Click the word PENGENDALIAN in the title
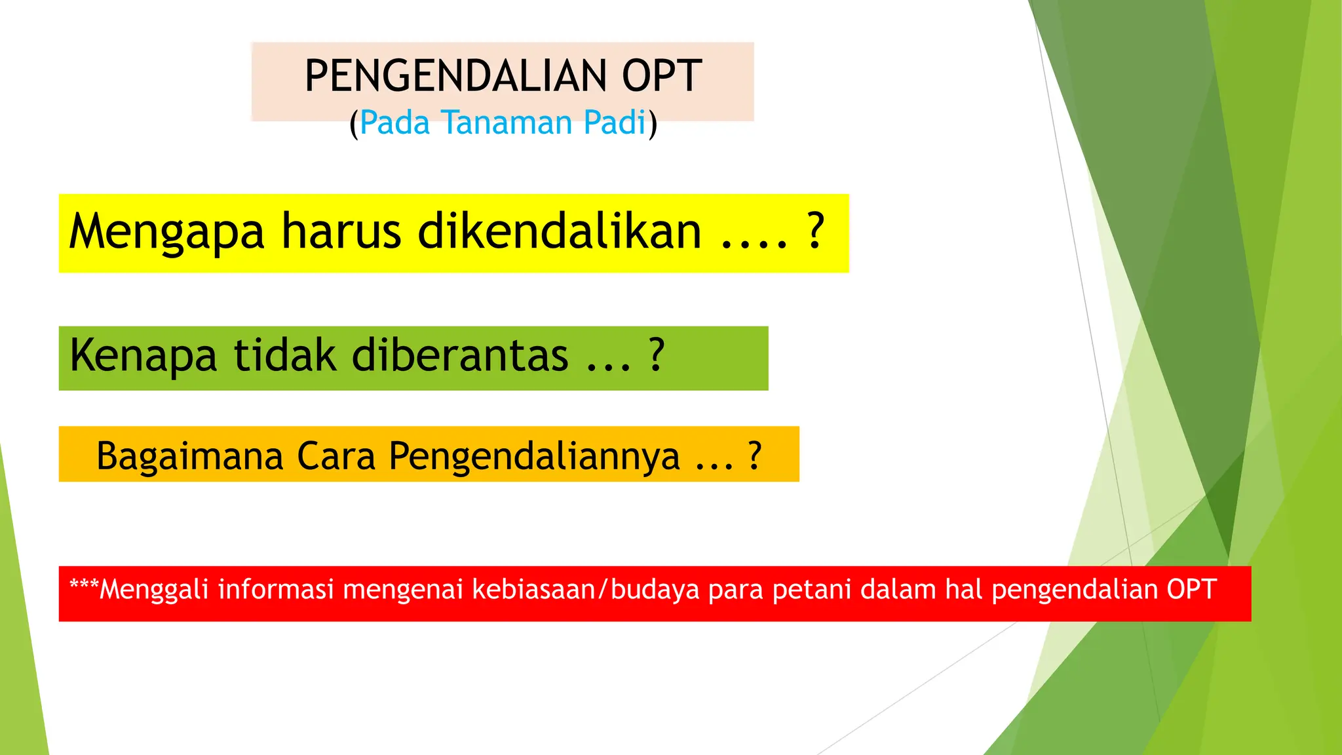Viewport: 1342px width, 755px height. [456, 76]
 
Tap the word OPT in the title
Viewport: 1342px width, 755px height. [662, 76]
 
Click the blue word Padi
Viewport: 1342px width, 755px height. [615, 123]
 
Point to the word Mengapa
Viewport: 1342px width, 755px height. [167, 233]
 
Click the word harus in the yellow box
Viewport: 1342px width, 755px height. [341, 231]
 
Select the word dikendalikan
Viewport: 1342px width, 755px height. [560, 231]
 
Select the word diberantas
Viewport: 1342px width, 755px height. [460, 356]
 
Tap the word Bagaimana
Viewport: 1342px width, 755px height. [189, 457]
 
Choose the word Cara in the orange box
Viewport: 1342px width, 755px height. [336, 456]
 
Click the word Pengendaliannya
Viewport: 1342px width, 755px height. [534, 457]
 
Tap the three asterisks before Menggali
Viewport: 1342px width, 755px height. [84, 585]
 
